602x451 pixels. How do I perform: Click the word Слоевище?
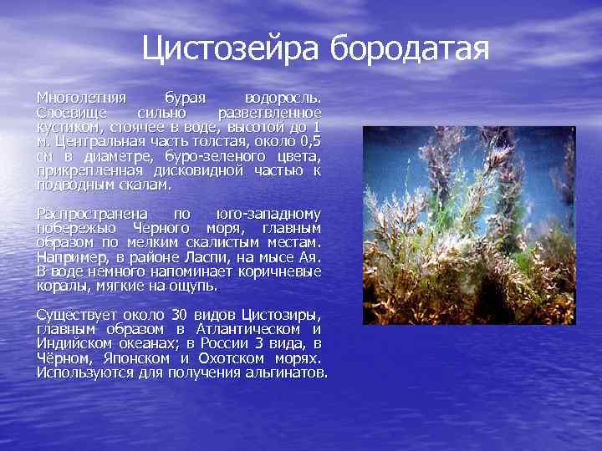pyautogui.click(x=69, y=112)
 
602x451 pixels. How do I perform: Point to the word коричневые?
pyautogui.click(x=282, y=272)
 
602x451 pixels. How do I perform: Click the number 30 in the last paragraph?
pyautogui.click(x=178, y=314)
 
